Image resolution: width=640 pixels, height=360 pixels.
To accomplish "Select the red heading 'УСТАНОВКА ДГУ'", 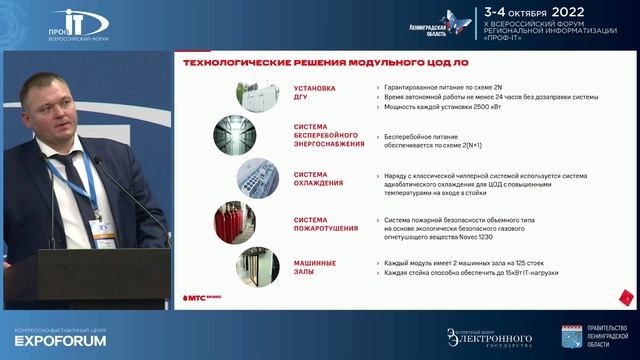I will pyautogui.click(x=315, y=93).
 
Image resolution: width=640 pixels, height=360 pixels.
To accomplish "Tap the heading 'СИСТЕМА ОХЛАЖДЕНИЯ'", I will pyautogui.click(x=318, y=179).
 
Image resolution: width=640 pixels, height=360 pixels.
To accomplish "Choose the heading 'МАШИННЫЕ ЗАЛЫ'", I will pyautogui.click(x=314, y=267).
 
